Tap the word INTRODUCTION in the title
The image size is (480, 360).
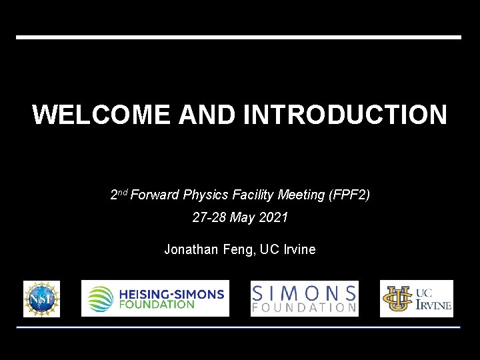[x=345, y=115]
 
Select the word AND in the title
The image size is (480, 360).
[x=207, y=115]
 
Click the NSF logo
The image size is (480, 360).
[x=41, y=298]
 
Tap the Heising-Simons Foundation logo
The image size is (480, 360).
[x=155, y=298]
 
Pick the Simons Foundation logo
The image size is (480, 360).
[x=304, y=298]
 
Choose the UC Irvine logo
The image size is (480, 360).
[x=417, y=298]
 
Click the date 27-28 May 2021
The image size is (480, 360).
[x=240, y=217]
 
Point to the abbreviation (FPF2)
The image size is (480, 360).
[x=349, y=195]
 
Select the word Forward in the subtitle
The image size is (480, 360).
[x=155, y=195]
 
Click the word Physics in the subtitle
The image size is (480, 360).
[x=206, y=195]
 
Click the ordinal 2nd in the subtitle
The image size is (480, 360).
[x=119, y=195]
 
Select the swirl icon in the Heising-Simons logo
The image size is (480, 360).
[x=101, y=298]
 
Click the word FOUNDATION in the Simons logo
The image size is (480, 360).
[x=304, y=308]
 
